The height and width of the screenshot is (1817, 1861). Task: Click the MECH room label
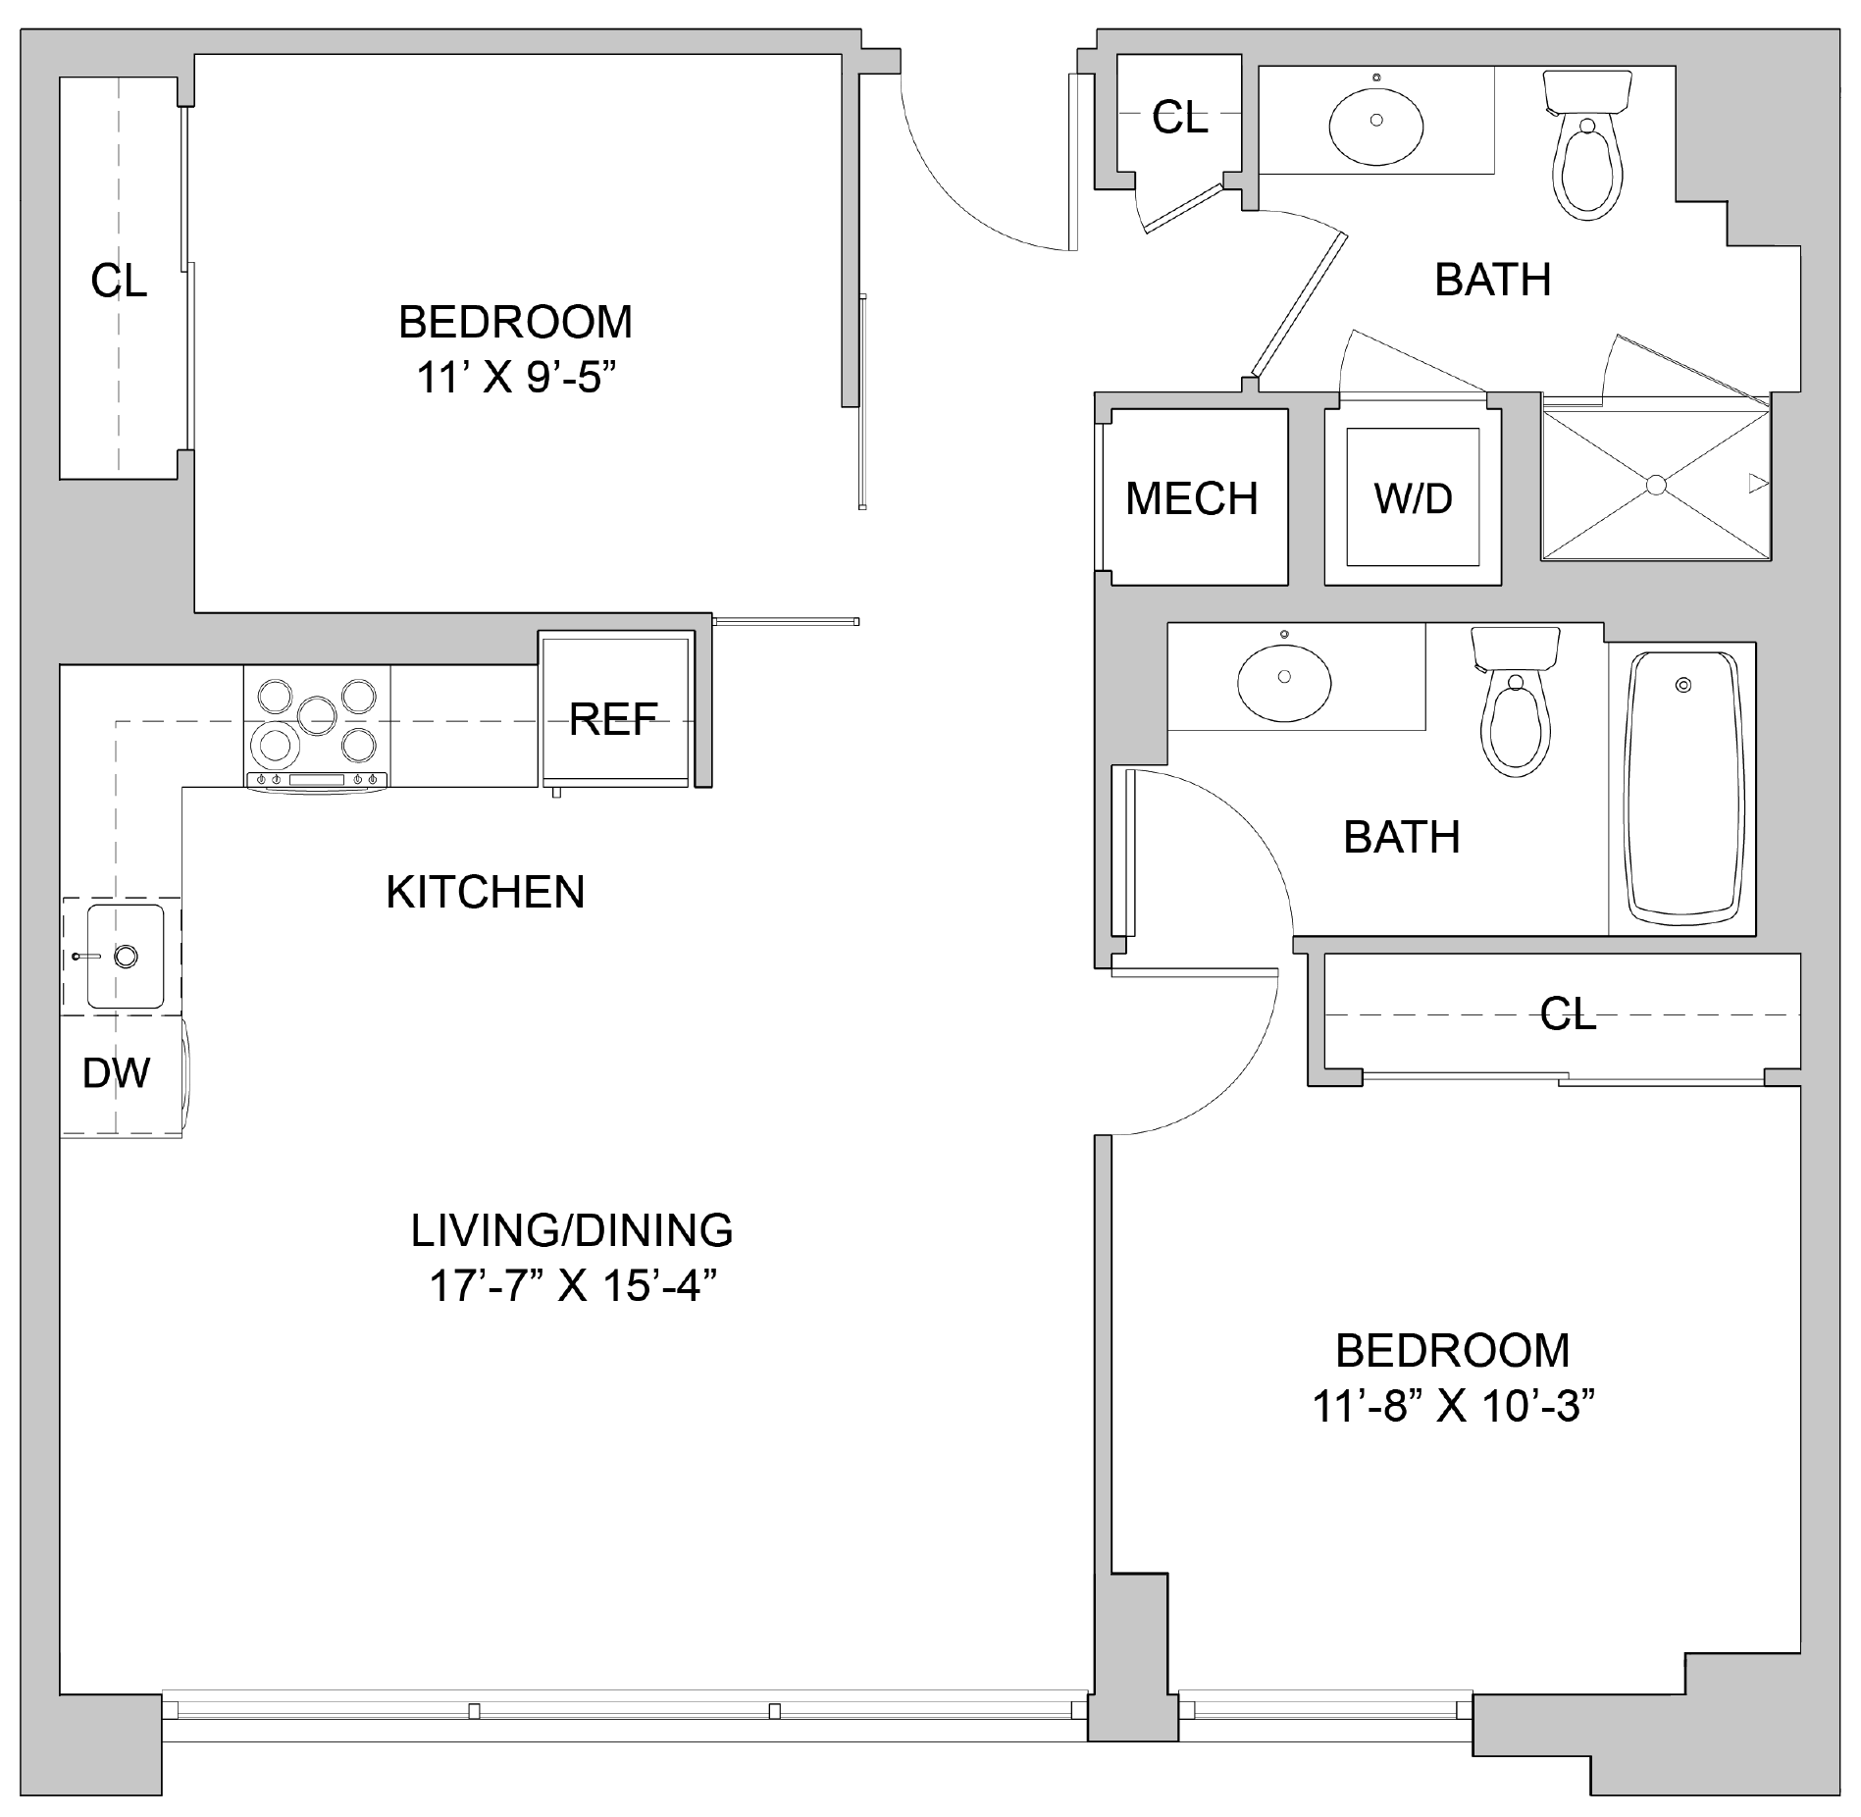pyautogui.click(x=1191, y=498)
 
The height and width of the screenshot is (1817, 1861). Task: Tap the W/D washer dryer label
pyautogui.click(x=1413, y=498)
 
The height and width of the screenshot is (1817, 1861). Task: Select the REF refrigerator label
pyautogui.click(x=613, y=719)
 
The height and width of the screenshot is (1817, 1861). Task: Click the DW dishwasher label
pyautogui.click(x=117, y=1073)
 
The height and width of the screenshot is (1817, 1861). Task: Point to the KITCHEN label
pyautogui.click(x=486, y=892)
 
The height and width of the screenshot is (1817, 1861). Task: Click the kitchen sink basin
pyautogui.click(x=125, y=957)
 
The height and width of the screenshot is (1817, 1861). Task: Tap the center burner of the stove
pyautogui.click(x=316, y=715)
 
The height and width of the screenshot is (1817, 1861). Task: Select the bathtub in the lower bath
pyautogui.click(x=1682, y=789)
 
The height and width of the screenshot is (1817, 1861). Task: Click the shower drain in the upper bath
pyautogui.click(x=1656, y=485)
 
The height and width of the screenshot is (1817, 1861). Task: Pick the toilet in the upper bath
pyautogui.click(x=1586, y=144)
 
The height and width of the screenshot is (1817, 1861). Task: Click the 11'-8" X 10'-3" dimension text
pyautogui.click(x=1452, y=1407)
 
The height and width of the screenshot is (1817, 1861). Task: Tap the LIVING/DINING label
pyautogui.click(x=572, y=1230)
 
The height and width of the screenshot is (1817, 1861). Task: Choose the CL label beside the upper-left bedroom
pyautogui.click(x=119, y=282)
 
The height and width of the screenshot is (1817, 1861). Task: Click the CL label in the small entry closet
pyautogui.click(x=1180, y=118)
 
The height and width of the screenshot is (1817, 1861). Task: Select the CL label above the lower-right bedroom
pyautogui.click(x=1569, y=1014)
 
